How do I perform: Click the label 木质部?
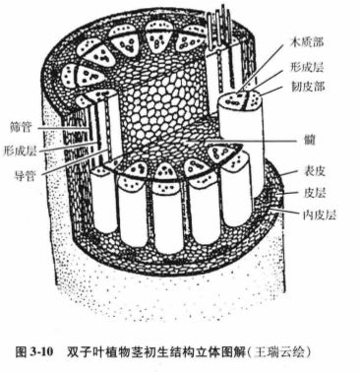pyautogui.click(x=308, y=42)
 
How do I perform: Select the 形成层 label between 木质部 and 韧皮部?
pyautogui.click(x=307, y=67)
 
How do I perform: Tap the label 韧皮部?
pyautogui.click(x=308, y=87)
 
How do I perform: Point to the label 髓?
pyautogui.click(x=310, y=141)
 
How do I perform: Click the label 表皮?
pyautogui.click(x=315, y=171)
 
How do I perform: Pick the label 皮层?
pyautogui.click(x=315, y=193)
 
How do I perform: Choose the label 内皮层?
pyautogui.click(x=320, y=215)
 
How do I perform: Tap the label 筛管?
pyautogui.click(x=21, y=126)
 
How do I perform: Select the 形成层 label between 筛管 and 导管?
pyautogui.click(x=20, y=152)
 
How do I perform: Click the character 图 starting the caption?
pyautogui.click(x=21, y=352)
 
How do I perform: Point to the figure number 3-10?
pyautogui.click(x=41, y=352)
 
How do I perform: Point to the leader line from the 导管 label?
pyautogui.click(x=72, y=162)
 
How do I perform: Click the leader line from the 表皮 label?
pyautogui.click(x=290, y=173)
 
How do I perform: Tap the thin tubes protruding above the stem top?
pyautogui.click(x=219, y=27)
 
